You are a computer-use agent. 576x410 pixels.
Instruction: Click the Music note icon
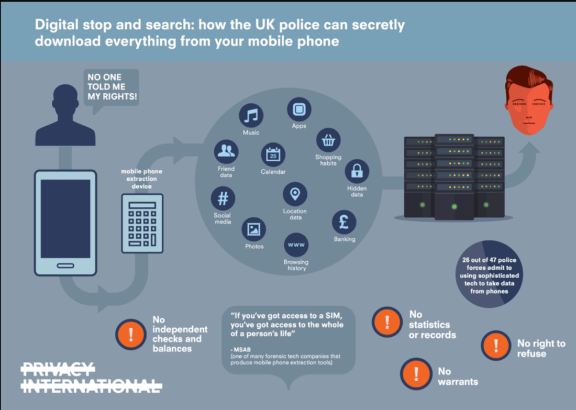[x=251, y=115]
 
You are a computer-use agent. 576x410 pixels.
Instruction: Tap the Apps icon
[x=299, y=109]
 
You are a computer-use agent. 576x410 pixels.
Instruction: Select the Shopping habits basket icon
[x=328, y=140]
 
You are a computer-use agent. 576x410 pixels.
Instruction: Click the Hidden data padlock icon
[x=357, y=171]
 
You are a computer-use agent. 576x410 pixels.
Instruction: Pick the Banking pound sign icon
[x=344, y=222]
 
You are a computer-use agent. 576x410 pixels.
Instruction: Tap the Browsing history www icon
[x=296, y=245]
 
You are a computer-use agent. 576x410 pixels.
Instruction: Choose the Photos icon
[x=253, y=229]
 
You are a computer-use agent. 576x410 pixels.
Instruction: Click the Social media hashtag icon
[x=223, y=198]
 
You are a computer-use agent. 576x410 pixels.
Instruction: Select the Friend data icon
[x=226, y=152]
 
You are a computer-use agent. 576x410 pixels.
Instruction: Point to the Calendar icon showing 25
[x=273, y=154]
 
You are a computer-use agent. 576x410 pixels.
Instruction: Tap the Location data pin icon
[x=295, y=194]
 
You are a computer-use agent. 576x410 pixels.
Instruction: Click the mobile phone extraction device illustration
[x=142, y=224]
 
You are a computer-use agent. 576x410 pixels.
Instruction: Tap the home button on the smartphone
[x=65, y=265]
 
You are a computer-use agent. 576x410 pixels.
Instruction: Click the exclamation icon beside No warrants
[x=416, y=374]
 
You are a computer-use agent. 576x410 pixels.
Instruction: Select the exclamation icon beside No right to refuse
[x=496, y=346]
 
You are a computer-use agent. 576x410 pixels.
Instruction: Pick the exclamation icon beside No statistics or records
[x=387, y=322]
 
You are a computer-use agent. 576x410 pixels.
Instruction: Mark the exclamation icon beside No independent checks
[x=131, y=334]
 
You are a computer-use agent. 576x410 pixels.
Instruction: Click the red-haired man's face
[x=529, y=101]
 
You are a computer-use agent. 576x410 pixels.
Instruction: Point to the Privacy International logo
[x=92, y=378]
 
